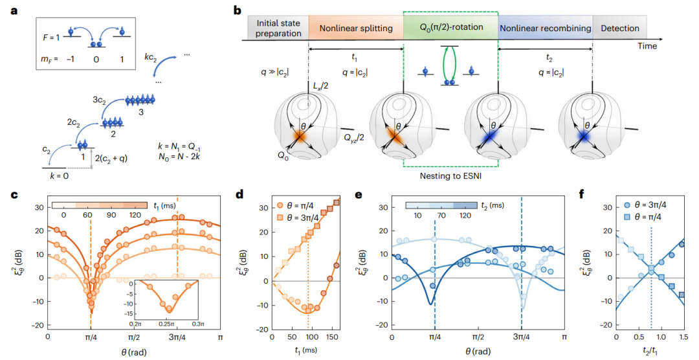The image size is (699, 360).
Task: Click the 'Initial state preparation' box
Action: click(278, 28)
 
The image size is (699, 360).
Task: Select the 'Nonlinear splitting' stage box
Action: click(355, 28)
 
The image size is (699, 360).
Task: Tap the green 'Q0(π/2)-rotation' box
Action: click(450, 28)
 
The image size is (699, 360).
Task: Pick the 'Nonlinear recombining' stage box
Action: click(545, 28)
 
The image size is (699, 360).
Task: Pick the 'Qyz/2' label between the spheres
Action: click(357, 137)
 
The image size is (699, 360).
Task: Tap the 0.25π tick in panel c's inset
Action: click(169, 322)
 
